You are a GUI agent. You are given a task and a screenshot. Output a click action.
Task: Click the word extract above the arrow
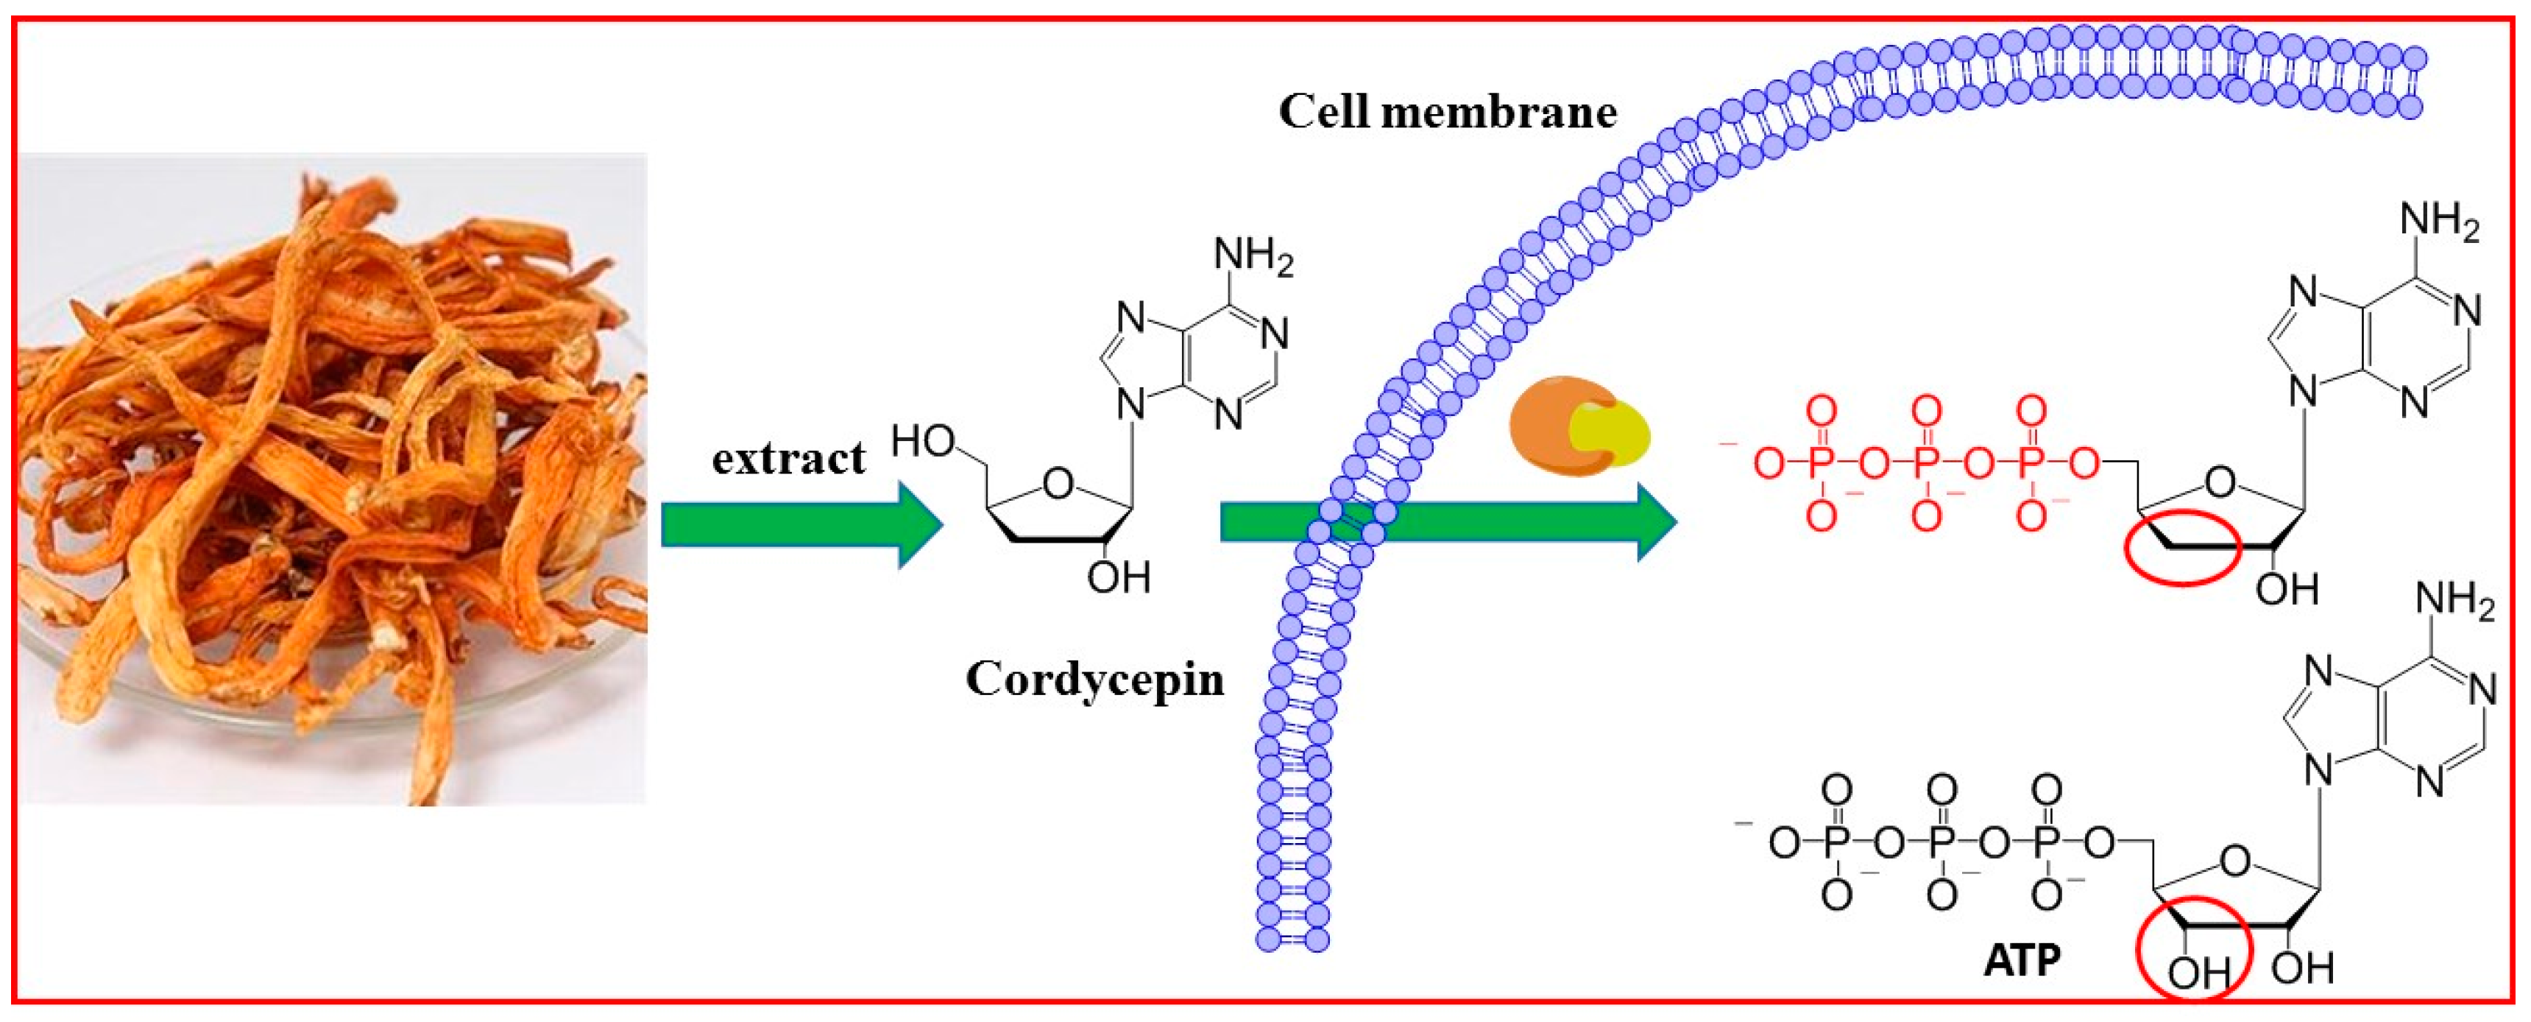pos(788,459)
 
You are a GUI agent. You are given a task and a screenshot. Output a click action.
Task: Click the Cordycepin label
pos(1094,679)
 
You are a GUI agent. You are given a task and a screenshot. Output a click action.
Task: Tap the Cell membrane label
pos(1447,112)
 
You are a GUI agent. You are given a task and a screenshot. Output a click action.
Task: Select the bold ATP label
pos(2022,960)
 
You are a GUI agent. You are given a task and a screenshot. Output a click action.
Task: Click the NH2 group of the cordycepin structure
pos(1253,258)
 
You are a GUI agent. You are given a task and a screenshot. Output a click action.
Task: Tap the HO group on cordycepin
pos(923,443)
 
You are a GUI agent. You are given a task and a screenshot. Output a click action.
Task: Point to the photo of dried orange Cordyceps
pos(332,479)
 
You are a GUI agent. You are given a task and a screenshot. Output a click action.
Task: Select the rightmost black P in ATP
pos(2046,842)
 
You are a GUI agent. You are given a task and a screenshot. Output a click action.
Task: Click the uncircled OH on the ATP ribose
pos(2302,969)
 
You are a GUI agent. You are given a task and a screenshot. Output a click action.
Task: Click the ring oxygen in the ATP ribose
pos(2235,861)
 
